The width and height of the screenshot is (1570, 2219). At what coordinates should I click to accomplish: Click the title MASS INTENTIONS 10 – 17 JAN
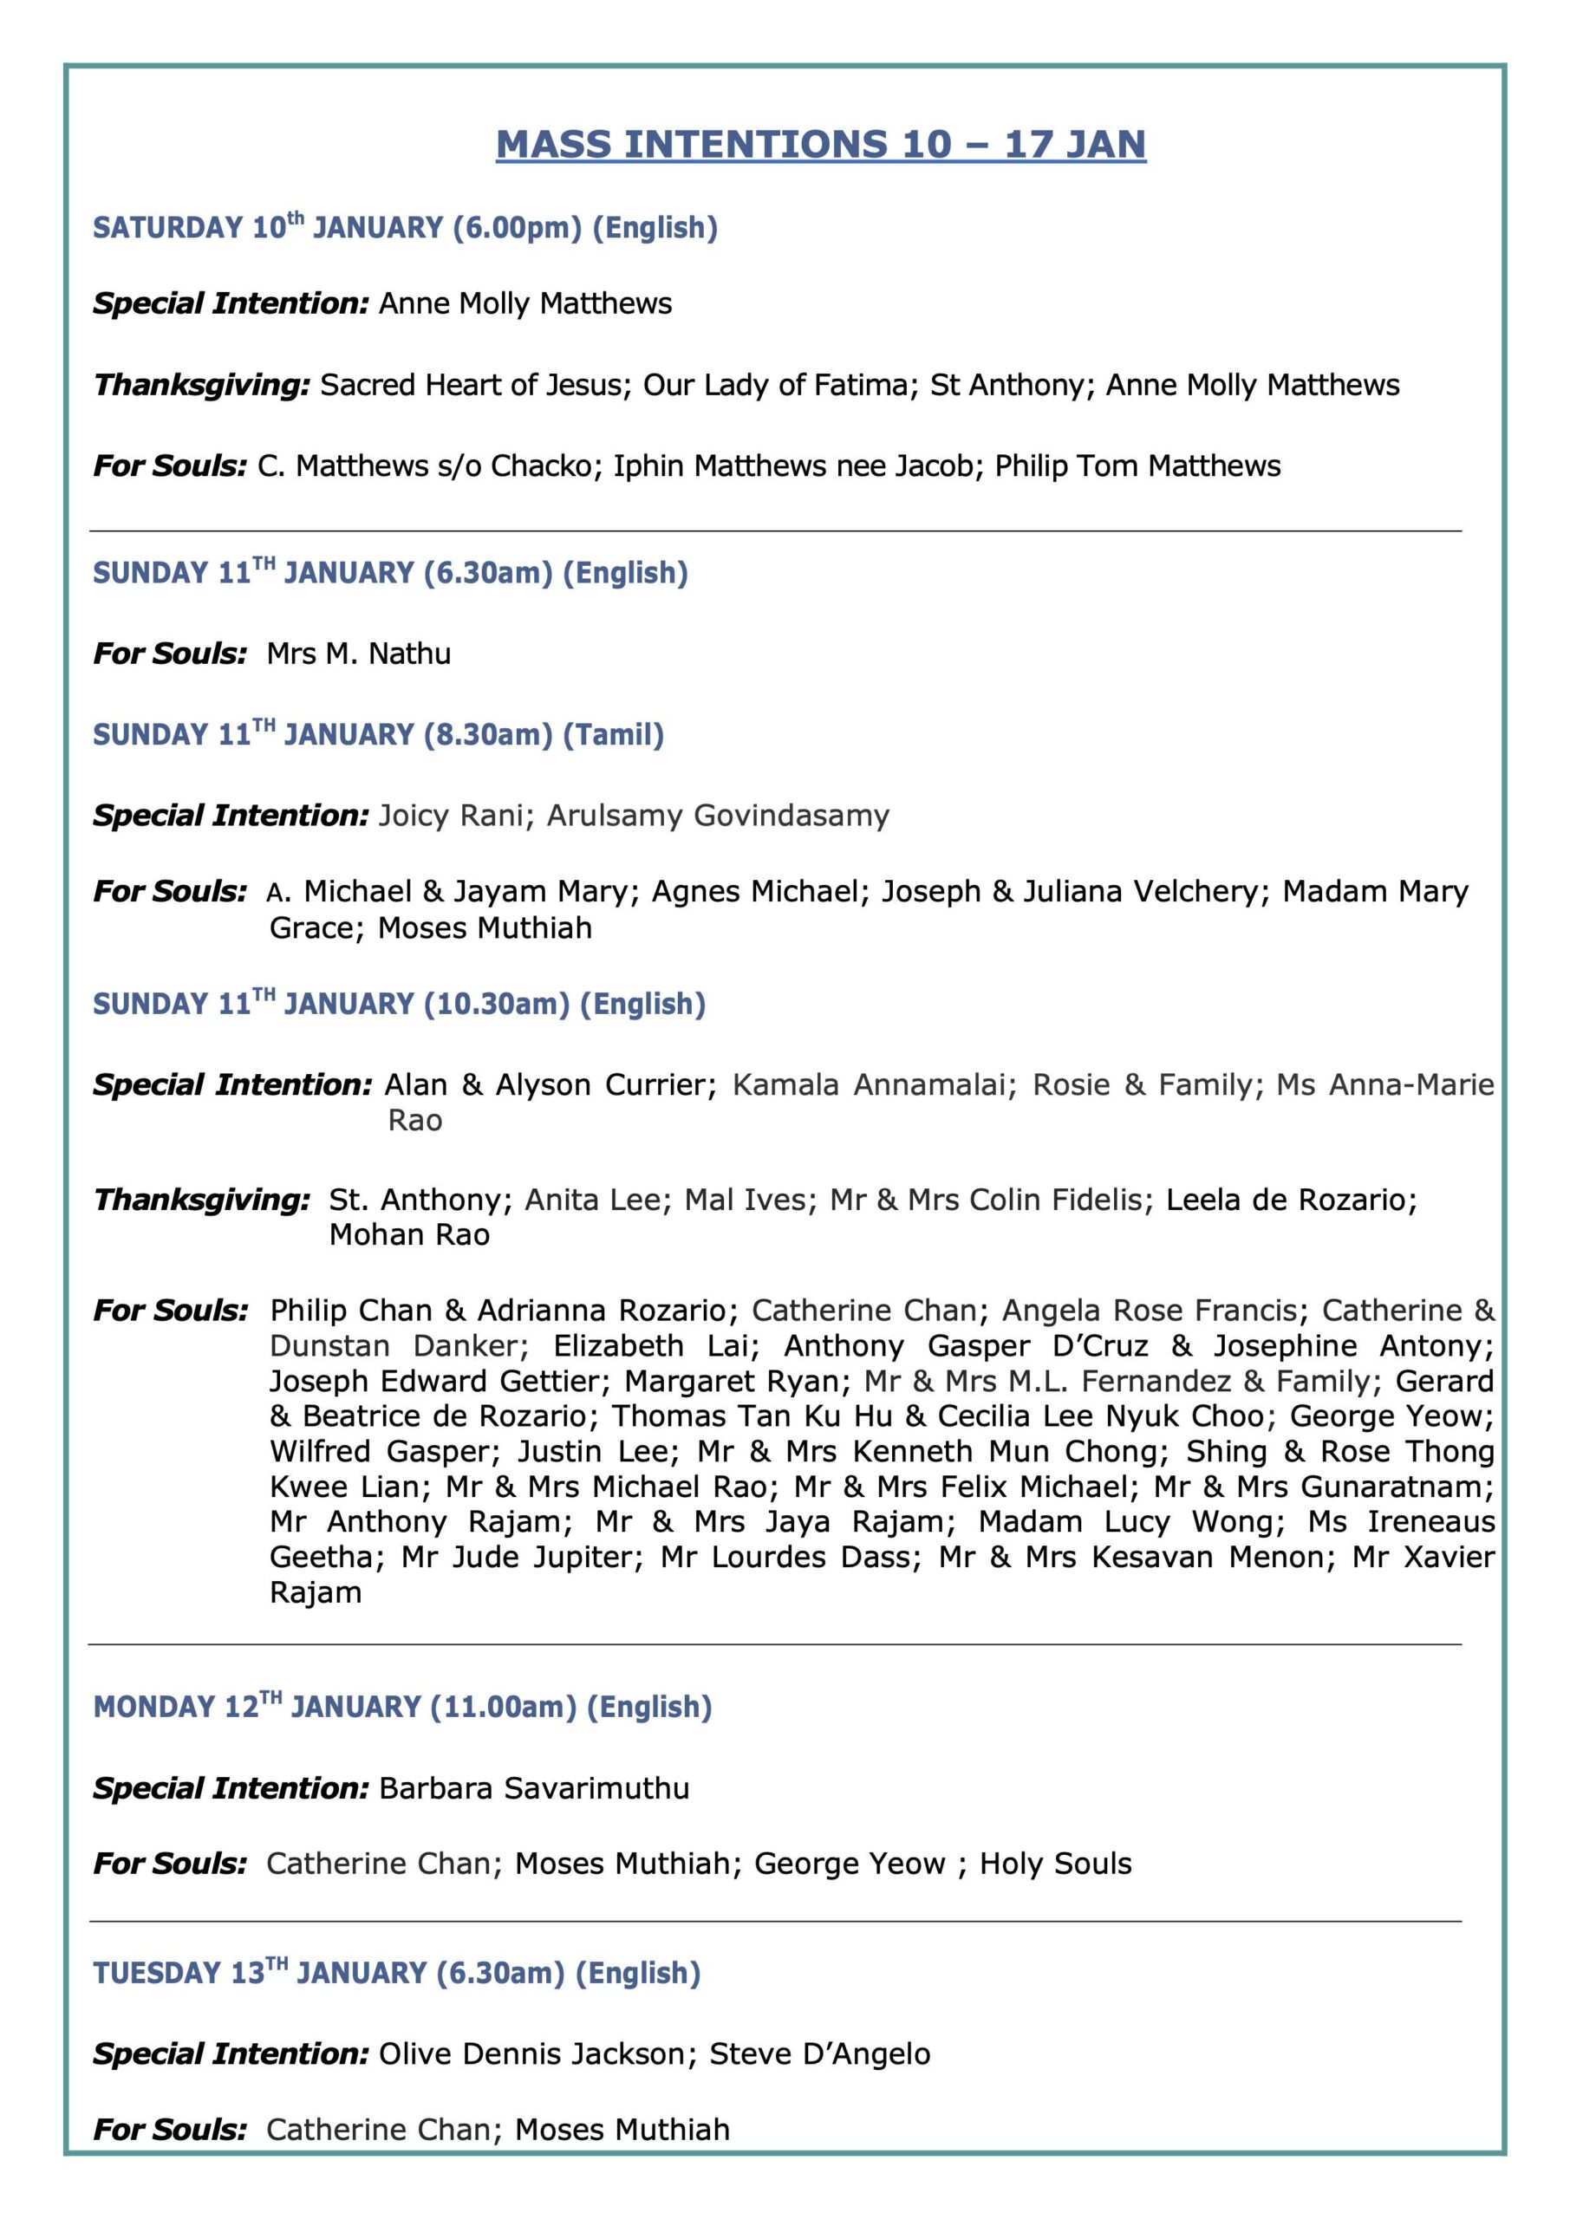click(821, 144)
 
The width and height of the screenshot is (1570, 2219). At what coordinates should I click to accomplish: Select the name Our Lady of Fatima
click(776, 386)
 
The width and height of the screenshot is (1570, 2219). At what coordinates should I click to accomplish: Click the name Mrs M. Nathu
click(359, 654)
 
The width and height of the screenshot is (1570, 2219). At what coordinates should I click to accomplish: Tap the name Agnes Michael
click(755, 891)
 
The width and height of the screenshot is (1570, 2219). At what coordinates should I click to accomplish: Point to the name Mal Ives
click(745, 1201)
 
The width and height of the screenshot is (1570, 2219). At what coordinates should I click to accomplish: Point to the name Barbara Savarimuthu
click(534, 1789)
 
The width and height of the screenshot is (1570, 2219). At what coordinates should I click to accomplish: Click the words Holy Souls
click(1055, 1864)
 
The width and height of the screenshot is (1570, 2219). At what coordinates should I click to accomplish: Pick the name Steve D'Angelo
click(820, 2053)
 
